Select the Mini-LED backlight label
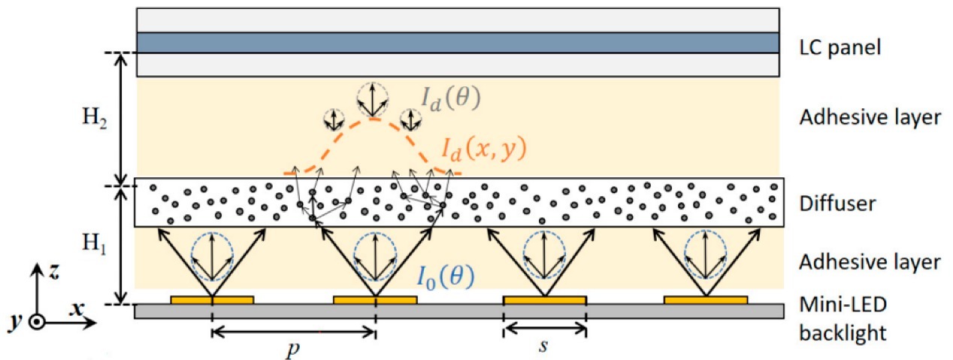[x=841, y=319]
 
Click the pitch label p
[x=292, y=349]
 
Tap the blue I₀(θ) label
[x=445, y=277]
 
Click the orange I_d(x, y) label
[x=483, y=150]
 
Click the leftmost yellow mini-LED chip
[x=212, y=300]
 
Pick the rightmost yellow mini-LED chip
[x=706, y=300]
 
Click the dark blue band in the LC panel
[x=457, y=42]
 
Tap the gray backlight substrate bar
[x=457, y=311]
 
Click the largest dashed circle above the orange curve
[x=372, y=98]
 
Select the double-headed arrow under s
[x=545, y=328]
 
